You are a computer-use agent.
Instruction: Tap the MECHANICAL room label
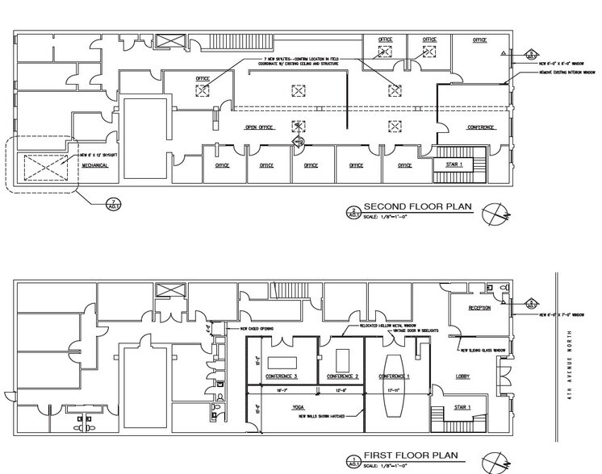[94, 165]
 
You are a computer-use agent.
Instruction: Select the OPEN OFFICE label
[260, 127]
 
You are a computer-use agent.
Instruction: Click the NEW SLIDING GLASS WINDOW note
[484, 351]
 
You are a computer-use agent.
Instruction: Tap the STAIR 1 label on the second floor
[457, 164]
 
